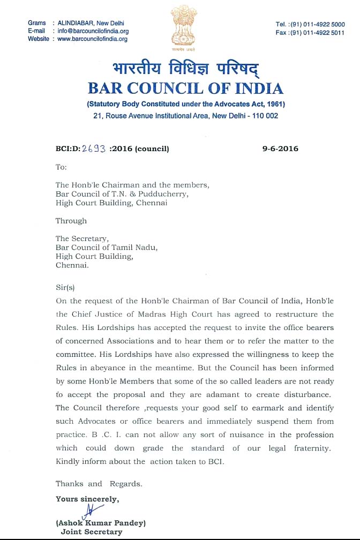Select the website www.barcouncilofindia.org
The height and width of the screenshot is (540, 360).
pos(92,39)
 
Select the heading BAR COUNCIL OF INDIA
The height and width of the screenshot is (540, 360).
pos(185,89)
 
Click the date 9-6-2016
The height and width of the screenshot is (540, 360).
pos(280,148)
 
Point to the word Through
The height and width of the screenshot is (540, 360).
pos(71,221)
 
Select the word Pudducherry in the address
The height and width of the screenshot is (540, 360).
pos(166,194)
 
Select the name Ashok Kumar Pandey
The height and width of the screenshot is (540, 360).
pos(101,523)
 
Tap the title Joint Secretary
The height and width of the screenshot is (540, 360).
pos(91,532)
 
